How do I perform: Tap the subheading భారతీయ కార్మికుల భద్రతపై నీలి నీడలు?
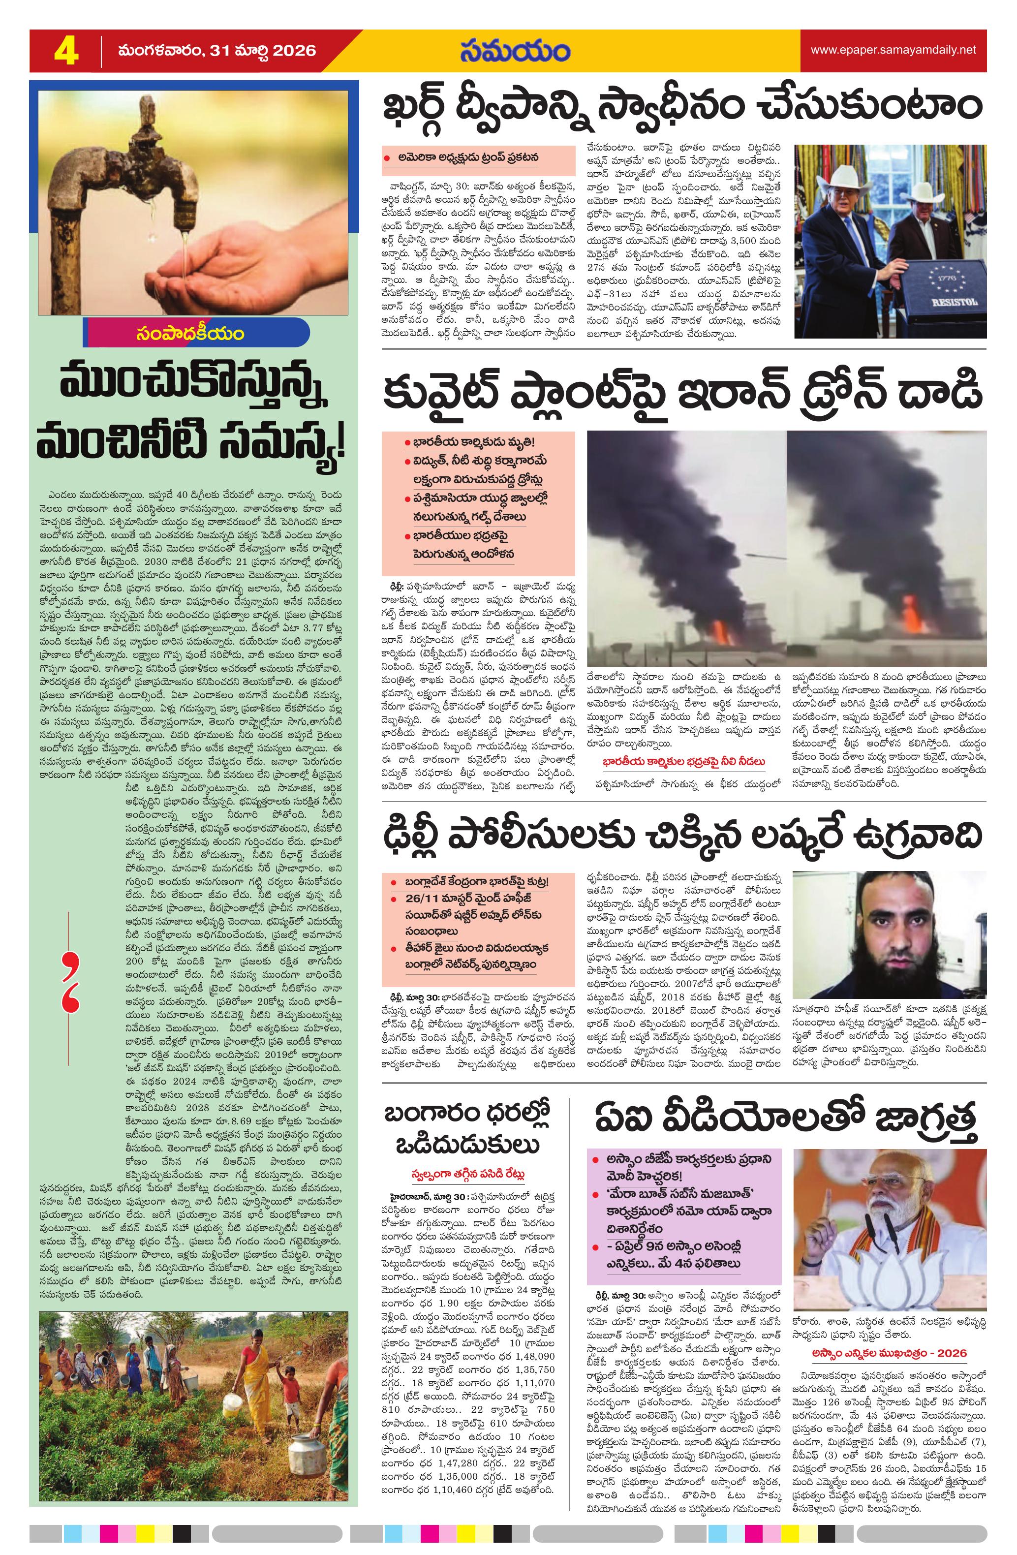[684, 761]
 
